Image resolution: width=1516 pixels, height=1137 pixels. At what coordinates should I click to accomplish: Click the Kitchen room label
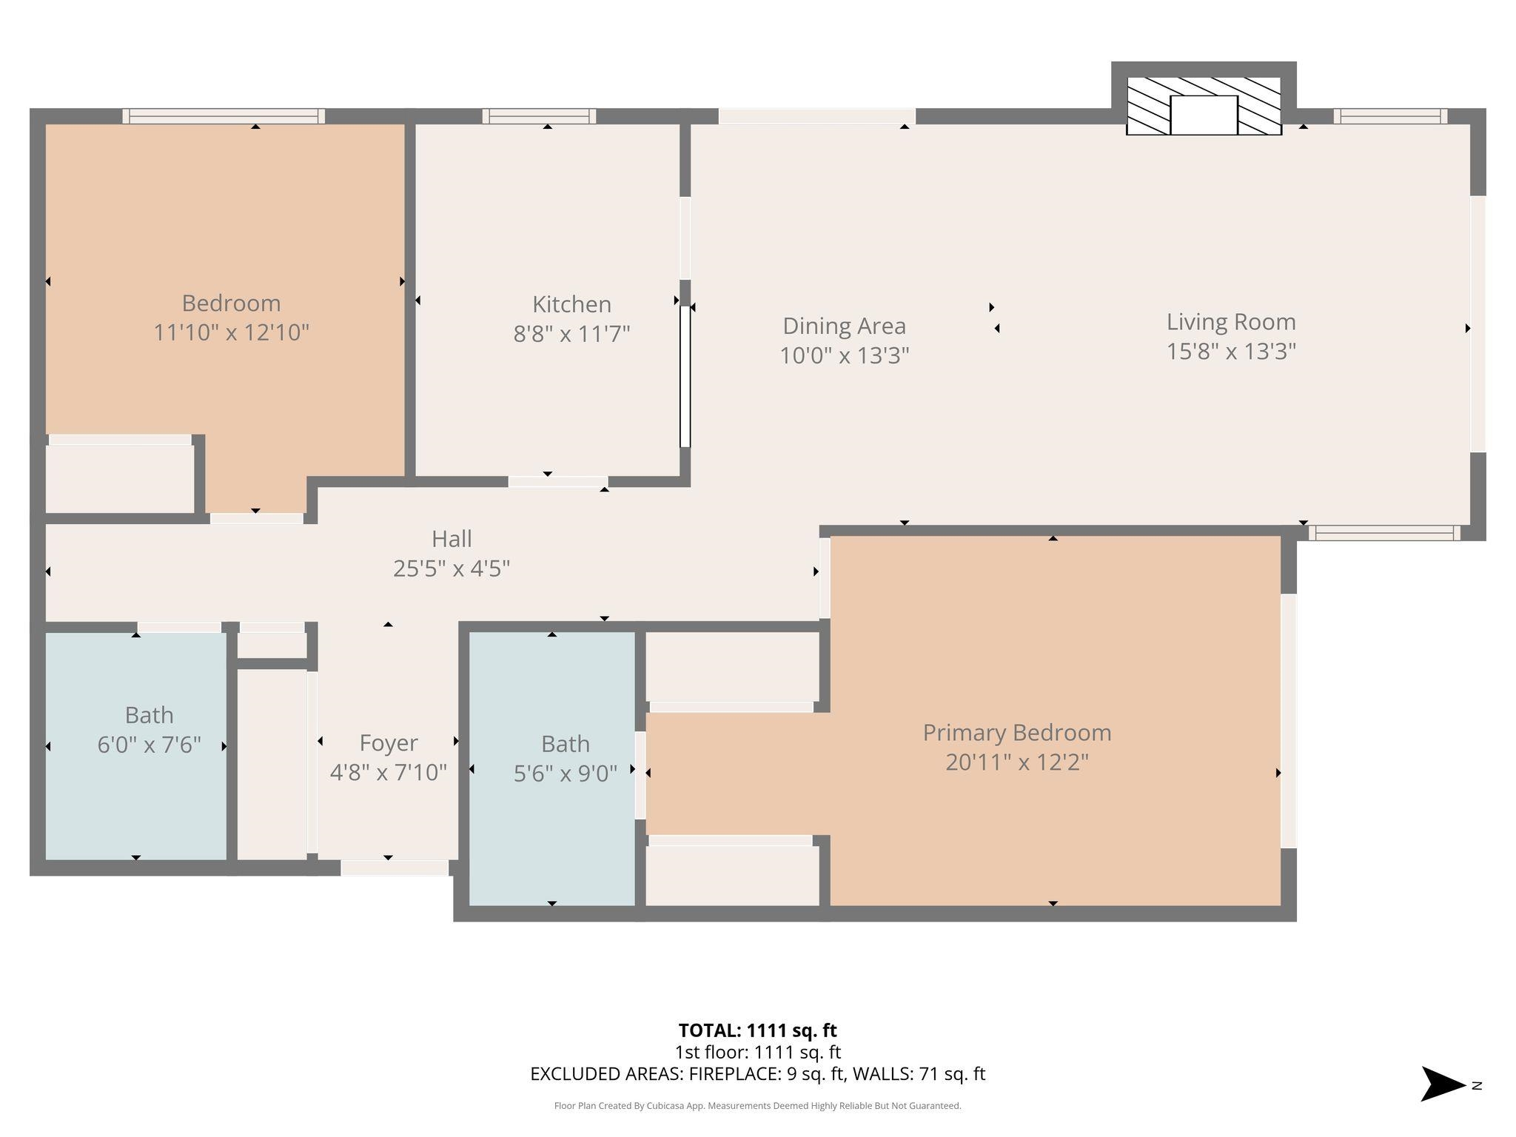[571, 304]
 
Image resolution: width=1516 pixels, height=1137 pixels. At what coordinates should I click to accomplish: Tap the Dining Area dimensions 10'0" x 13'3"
[844, 356]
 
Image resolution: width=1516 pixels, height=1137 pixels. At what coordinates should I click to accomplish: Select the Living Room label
[1230, 322]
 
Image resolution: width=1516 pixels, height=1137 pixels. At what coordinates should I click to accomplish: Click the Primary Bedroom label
[1016, 733]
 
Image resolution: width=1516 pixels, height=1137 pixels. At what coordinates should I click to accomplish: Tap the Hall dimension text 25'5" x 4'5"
[452, 568]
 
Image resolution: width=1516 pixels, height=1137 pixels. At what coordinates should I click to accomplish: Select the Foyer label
[388, 743]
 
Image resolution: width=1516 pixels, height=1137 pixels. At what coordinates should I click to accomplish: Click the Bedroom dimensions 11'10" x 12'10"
[231, 332]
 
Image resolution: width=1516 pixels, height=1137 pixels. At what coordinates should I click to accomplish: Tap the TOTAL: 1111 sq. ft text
[757, 1030]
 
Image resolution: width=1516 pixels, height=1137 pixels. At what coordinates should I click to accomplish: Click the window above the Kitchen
[539, 116]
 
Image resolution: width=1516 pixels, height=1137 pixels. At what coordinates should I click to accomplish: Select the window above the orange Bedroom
[224, 116]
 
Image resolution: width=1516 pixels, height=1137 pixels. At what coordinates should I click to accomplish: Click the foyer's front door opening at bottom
[395, 868]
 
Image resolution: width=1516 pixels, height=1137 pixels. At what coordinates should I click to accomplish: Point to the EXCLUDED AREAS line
[757, 1074]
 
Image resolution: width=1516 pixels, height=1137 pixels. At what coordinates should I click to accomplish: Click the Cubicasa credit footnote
[757, 1106]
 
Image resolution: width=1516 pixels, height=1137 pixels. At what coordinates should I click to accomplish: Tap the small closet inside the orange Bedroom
[120, 477]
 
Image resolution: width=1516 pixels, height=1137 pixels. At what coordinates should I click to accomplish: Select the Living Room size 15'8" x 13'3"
[1230, 352]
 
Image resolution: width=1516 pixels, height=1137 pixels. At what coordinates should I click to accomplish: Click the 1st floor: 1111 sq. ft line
[757, 1053]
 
